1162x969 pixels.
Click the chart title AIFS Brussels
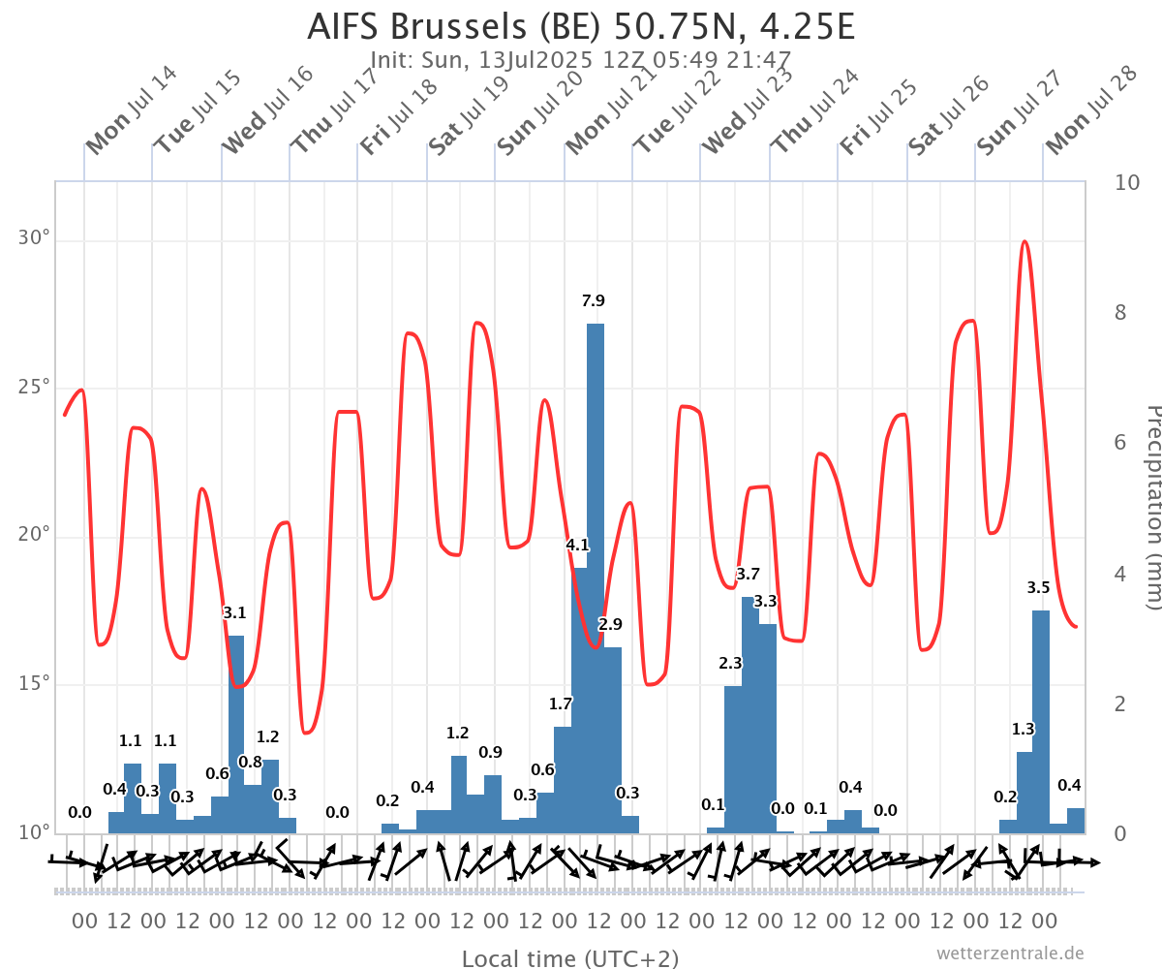[x=581, y=26]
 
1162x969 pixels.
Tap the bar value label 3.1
[x=234, y=612]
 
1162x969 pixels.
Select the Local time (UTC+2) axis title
[x=570, y=958]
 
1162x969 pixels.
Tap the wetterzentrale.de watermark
[x=1010, y=953]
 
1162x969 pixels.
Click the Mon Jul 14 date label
[x=131, y=110]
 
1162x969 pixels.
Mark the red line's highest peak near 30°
[x=1024, y=241]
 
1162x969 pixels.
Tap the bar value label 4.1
[x=577, y=546]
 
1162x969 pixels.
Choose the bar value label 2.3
[x=730, y=664]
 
